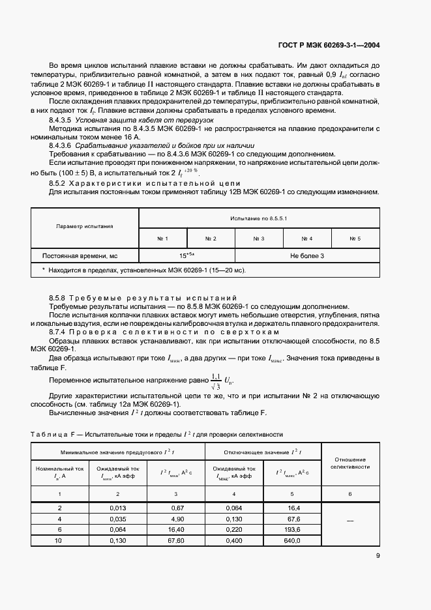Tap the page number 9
pyautogui.click(x=378, y=556)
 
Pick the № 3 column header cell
pyautogui.click(x=258, y=239)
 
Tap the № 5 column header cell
pyautogui.click(x=355, y=239)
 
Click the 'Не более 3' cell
pyautogui.click(x=307, y=256)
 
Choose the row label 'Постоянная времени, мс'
pyautogui.click(x=80, y=256)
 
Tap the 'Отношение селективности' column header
pyautogui.click(x=349, y=463)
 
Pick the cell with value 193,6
pyautogui.click(x=291, y=530)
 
